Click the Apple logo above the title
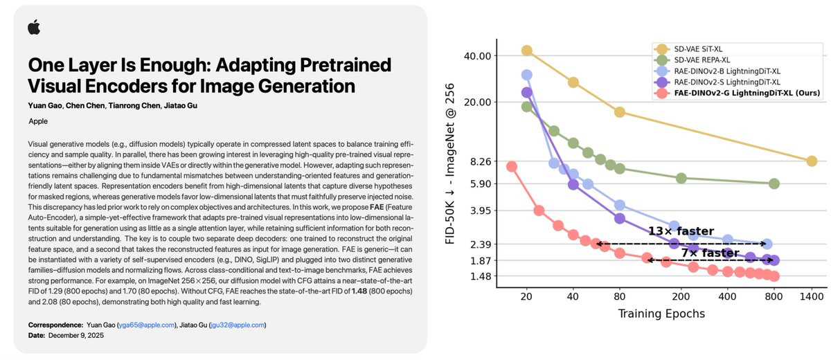(x=34, y=27)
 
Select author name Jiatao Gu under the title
(x=181, y=106)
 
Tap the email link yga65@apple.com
(x=147, y=325)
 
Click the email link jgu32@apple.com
(x=238, y=325)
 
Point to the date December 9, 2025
(x=76, y=336)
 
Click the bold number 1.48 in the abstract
(x=359, y=291)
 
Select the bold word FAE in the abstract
(x=377, y=207)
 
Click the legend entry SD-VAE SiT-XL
(x=698, y=49)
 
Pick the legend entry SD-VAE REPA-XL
(x=702, y=60)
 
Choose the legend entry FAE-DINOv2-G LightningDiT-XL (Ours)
(x=747, y=93)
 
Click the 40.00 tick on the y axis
(x=477, y=56)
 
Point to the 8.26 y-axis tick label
(x=481, y=161)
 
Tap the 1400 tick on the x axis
(x=812, y=296)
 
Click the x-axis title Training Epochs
(x=661, y=314)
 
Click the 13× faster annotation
(x=681, y=231)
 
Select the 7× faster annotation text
(x=711, y=253)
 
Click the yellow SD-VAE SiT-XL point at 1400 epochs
(x=812, y=161)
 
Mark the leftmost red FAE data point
(x=512, y=166)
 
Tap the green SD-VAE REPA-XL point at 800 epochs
(x=774, y=183)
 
